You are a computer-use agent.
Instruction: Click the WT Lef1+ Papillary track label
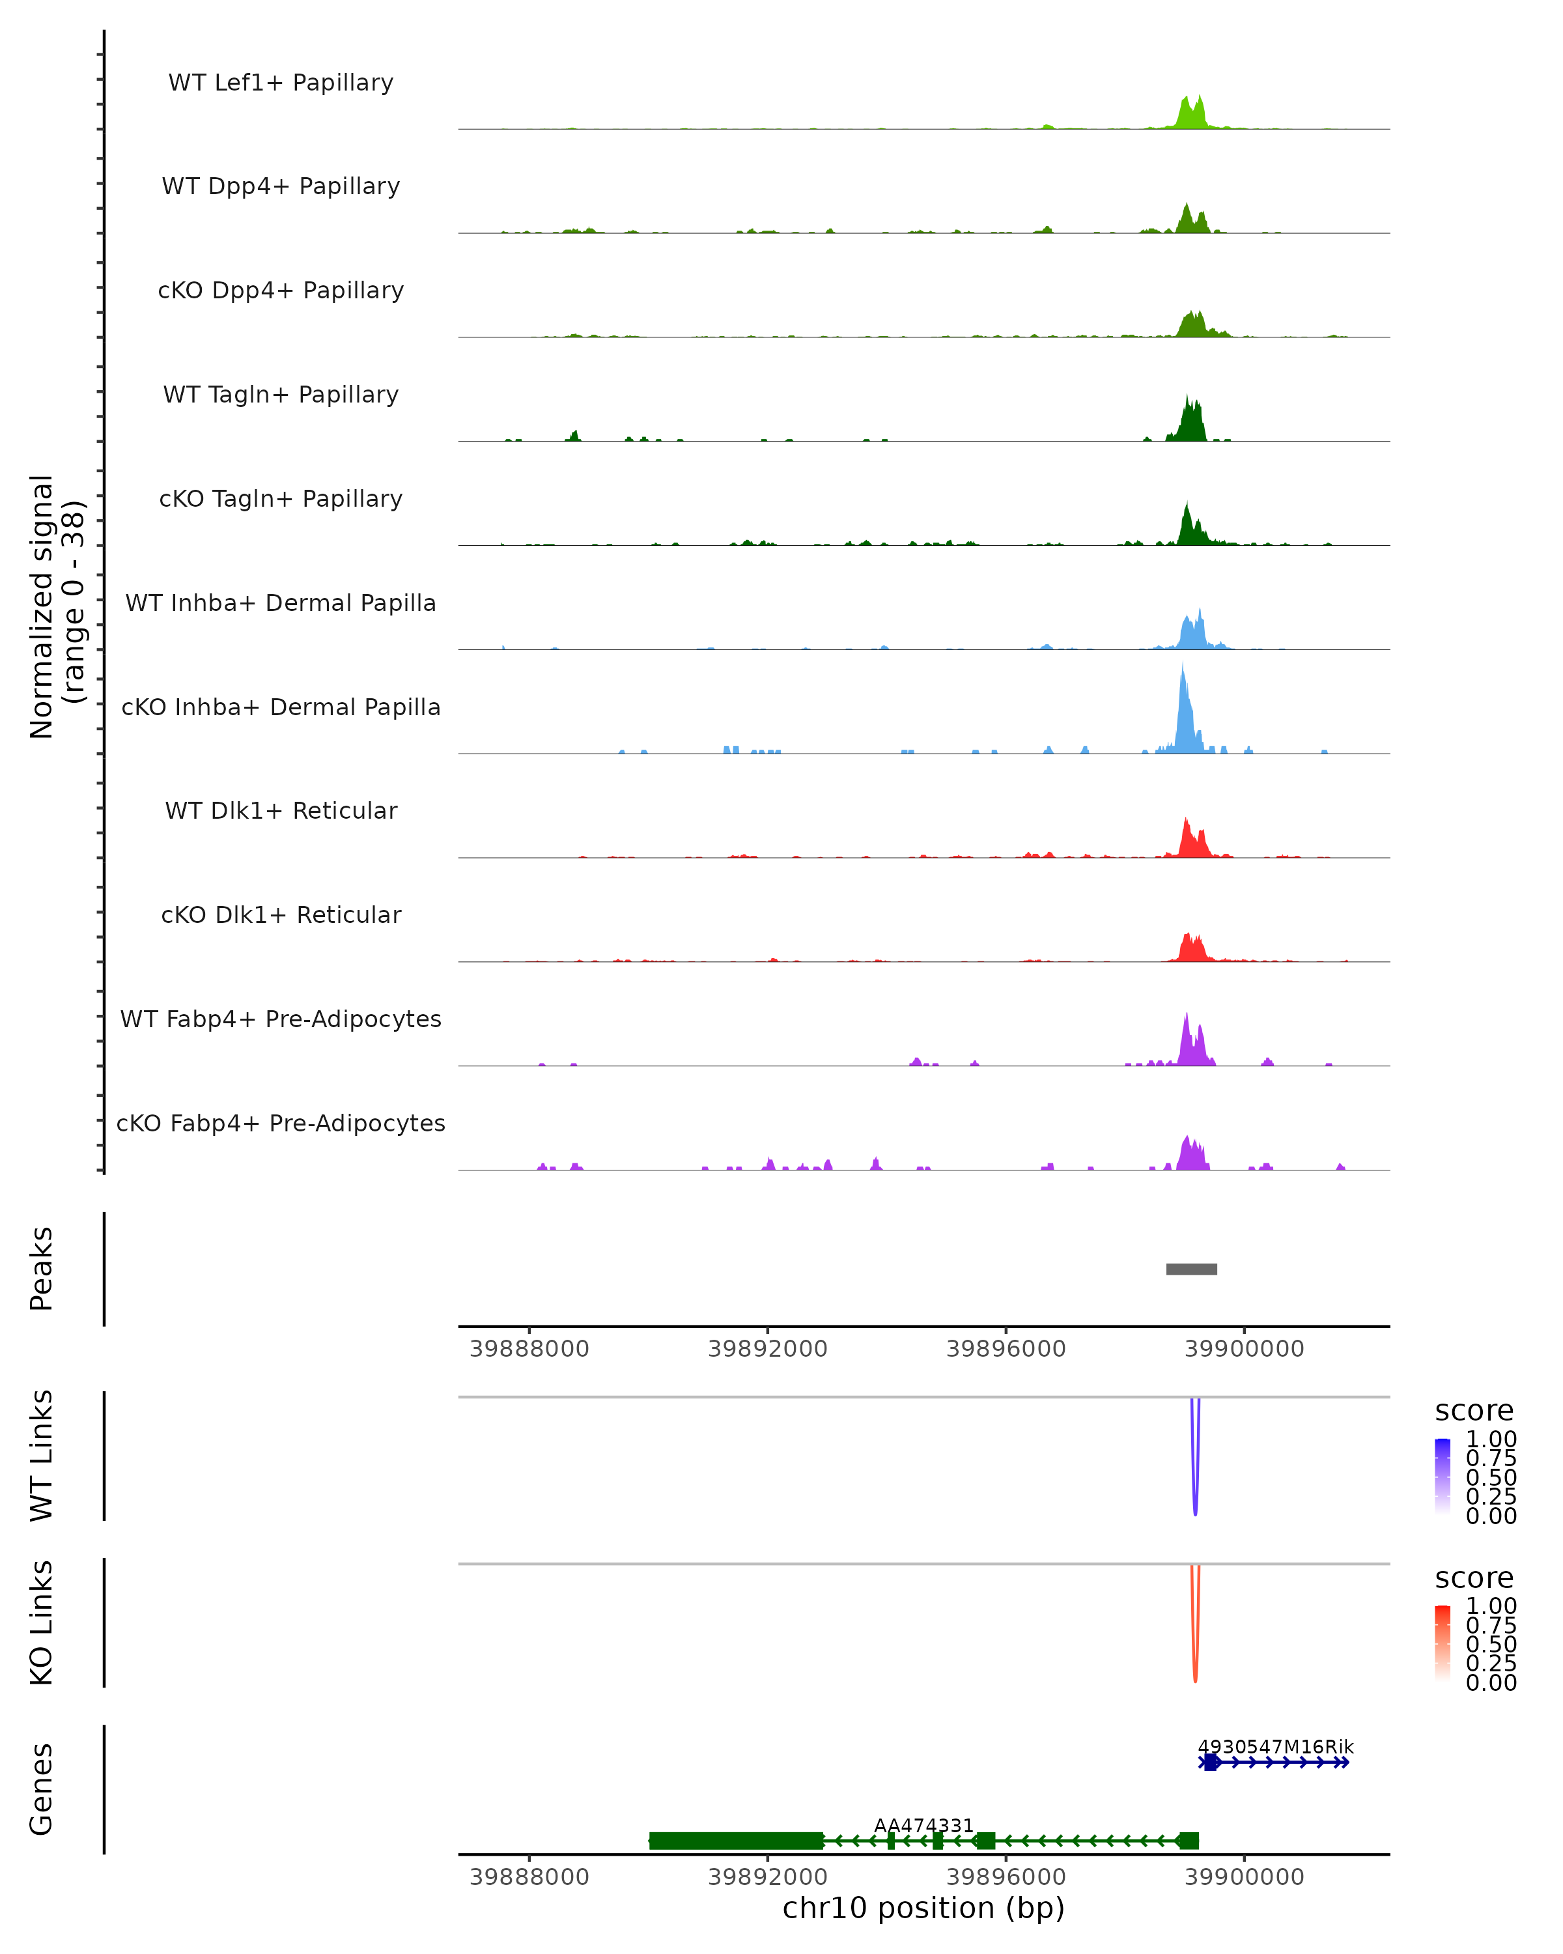[281, 83]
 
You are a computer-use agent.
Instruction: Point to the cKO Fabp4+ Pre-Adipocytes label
[281, 1123]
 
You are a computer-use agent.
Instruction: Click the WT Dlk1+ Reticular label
[281, 810]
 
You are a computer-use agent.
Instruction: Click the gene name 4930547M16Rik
[1275, 1746]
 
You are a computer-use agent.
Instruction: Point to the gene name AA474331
[923, 1825]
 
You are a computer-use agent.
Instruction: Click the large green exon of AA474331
[736, 1841]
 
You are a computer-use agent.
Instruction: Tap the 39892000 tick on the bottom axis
[767, 1876]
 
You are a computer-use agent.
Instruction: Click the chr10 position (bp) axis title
[923, 1908]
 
